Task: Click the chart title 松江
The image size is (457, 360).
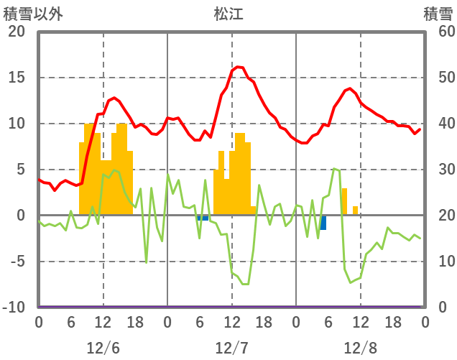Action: pos(228,14)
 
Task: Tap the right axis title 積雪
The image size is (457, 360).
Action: pos(437,14)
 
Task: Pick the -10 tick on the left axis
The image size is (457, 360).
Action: pos(14,308)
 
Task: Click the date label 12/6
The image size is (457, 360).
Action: pos(103,348)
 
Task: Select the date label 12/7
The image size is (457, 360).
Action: pos(231,348)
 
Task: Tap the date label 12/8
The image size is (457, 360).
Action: pos(360,348)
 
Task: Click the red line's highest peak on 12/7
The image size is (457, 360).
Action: pos(239,67)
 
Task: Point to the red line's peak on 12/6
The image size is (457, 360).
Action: pos(114,97)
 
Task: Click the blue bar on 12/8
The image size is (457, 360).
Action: pos(323,223)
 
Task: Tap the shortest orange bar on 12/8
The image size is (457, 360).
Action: pos(355,211)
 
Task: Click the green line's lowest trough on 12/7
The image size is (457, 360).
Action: pos(245,284)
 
